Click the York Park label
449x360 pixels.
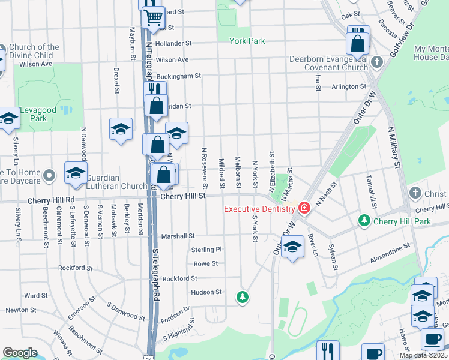pos(247,41)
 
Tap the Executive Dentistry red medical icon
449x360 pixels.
pos(304,208)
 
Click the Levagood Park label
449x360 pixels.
pos(41,111)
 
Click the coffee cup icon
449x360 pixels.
pos(432,339)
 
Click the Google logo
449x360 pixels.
pos(20,352)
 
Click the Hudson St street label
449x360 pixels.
pos(206,292)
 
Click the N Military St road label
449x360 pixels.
pos(394,147)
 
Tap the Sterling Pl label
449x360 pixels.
pos(206,249)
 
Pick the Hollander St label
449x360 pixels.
pos(173,44)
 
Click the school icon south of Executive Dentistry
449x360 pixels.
pos(292,247)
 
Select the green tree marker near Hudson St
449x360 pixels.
pos(242,296)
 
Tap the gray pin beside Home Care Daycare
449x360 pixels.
pos(50,176)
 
